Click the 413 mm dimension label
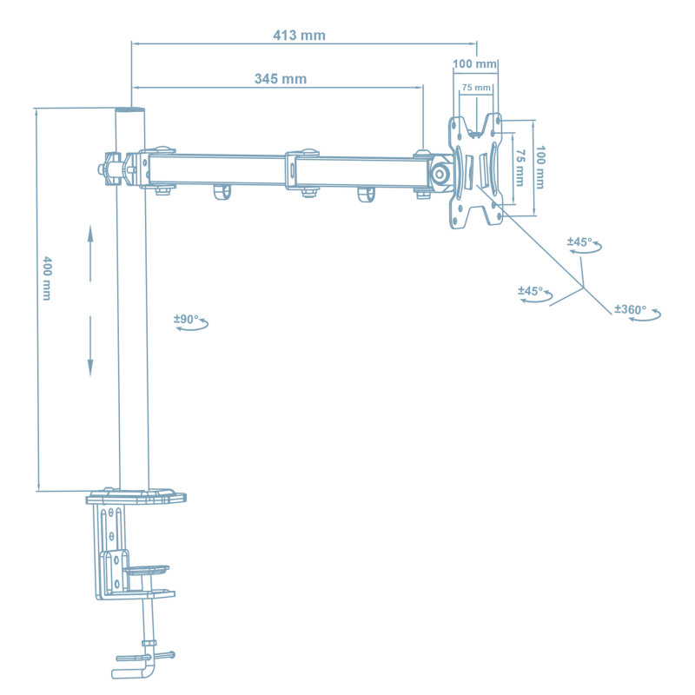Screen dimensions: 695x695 tap(299, 35)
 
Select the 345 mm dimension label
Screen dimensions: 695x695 tap(280, 78)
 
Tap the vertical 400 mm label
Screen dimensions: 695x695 tap(47, 279)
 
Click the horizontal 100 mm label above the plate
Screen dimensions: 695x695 tap(475, 64)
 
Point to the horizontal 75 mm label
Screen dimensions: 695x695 tap(476, 88)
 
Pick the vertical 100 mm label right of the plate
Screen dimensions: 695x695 tap(539, 167)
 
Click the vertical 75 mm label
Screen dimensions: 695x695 tap(519, 167)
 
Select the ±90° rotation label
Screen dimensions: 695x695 tap(186, 320)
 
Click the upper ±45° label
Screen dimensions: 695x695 tap(579, 242)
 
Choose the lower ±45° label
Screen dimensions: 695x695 tap(530, 291)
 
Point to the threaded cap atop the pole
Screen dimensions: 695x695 tap(131, 111)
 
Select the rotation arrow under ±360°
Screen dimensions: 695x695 tap(645, 318)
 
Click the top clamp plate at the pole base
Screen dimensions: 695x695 tap(136, 499)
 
